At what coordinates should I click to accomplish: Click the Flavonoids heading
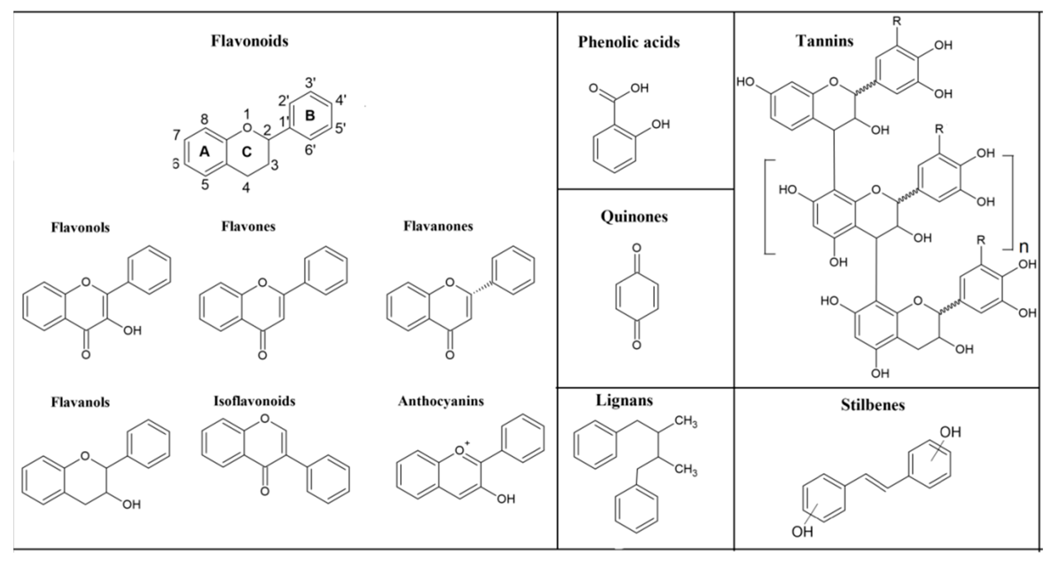pyautogui.click(x=249, y=41)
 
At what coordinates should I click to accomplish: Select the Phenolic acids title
pyautogui.click(x=629, y=42)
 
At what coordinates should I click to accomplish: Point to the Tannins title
pyautogui.click(x=825, y=41)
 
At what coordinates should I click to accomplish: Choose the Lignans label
pyautogui.click(x=624, y=400)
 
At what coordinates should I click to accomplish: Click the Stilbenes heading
pyautogui.click(x=873, y=405)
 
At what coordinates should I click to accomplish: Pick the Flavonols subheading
pyautogui.click(x=81, y=227)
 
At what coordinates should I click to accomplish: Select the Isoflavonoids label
pyautogui.click(x=254, y=401)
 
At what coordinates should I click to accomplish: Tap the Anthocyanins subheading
pyautogui.click(x=441, y=401)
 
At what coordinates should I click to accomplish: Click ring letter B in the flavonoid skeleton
pyautogui.click(x=310, y=115)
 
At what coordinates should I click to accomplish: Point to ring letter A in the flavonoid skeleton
pyautogui.click(x=204, y=152)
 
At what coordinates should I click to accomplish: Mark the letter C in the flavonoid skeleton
pyautogui.click(x=246, y=152)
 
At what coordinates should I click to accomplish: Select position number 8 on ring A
pyautogui.click(x=204, y=119)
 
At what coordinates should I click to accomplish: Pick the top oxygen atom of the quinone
pyautogui.click(x=636, y=248)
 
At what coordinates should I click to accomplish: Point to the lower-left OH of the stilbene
pyautogui.click(x=802, y=532)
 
